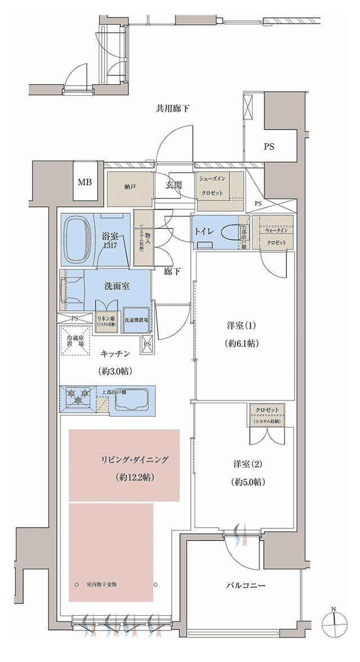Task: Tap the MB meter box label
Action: [85, 182]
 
